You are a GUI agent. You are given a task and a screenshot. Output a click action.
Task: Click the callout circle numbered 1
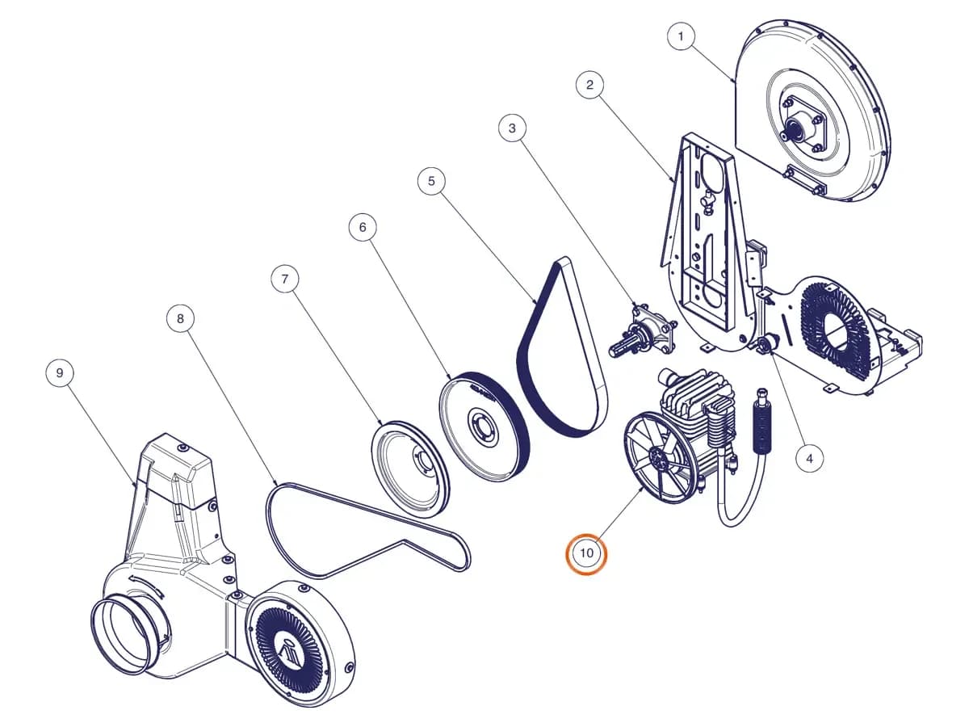point(680,36)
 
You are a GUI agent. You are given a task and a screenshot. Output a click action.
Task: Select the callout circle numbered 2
point(589,85)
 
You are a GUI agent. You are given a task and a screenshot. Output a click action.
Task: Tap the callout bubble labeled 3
point(512,128)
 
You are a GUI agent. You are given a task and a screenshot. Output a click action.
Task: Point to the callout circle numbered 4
point(809,459)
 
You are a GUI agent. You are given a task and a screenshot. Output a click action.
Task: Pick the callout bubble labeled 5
point(431,181)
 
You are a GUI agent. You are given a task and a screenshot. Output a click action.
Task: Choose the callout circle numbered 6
point(363,227)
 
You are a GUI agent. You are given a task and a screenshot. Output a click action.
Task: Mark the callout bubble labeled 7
point(285,279)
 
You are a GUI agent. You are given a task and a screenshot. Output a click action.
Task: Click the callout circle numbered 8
point(180,319)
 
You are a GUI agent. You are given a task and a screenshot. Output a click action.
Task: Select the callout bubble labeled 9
point(60,373)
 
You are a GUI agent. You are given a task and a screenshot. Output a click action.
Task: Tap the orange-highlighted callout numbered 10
point(587,553)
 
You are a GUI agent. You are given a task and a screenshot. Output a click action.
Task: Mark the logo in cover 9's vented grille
point(287,653)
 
